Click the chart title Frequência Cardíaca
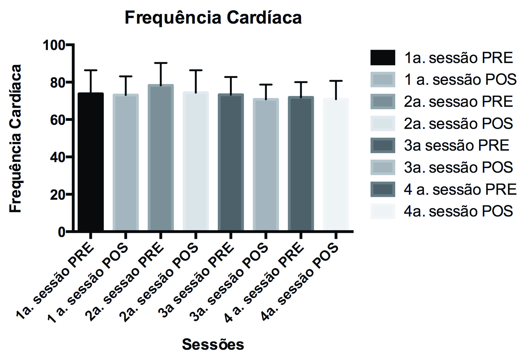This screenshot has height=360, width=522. [213, 18]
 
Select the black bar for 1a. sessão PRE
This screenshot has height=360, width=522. [91, 162]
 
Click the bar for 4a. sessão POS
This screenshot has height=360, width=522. [336, 165]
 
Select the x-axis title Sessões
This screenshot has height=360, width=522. [213, 344]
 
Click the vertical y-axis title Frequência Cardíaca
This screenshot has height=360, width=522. [16, 139]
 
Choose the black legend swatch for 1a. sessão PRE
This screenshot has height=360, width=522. [383, 58]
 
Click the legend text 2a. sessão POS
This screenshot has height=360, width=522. [458, 124]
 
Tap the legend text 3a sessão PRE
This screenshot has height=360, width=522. [456, 145]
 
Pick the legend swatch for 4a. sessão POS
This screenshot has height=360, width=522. [383, 211]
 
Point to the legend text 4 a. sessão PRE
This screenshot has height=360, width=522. [460, 189]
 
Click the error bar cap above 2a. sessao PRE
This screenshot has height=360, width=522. [161, 63]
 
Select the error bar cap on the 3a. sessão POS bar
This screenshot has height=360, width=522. [266, 84]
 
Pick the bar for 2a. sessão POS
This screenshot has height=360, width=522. [196, 162]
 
